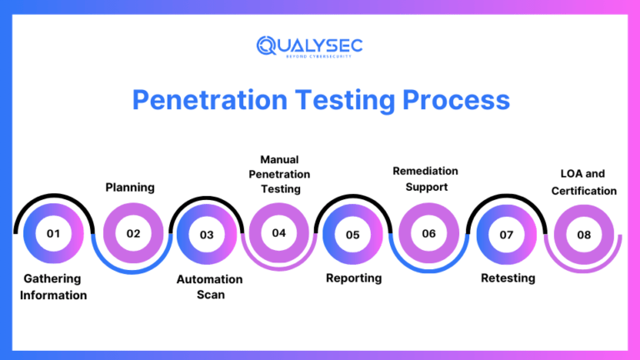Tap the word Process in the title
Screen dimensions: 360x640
tap(456, 100)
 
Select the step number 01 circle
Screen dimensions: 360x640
tap(54, 234)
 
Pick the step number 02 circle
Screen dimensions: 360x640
tap(133, 234)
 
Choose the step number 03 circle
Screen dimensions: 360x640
tap(207, 235)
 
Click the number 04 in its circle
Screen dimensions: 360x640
tap(279, 233)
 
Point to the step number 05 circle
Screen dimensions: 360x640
tap(352, 235)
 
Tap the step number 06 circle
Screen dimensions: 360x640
tap(428, 234)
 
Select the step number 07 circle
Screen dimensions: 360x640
tap(506, 235)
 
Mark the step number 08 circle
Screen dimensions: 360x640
tap(584, 235)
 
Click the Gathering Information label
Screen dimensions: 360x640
tap(53, 287)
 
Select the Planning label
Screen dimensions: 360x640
tap(130, 187)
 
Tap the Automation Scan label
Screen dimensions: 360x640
tap(209, 287)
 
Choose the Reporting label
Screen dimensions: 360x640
tap(353, 278)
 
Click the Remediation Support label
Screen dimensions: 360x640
tap(425, 178)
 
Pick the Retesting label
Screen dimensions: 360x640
tap(507, 278)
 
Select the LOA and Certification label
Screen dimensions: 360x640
tap(583, 182)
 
